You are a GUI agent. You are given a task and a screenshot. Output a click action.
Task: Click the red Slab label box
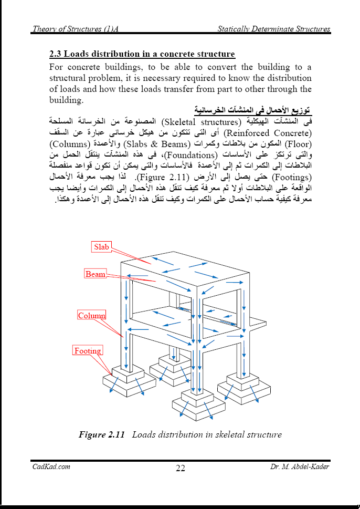click(x=102, y=247)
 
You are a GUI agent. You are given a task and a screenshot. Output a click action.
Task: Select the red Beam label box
click(x=96, y=274)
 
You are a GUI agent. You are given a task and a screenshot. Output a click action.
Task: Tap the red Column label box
click(x=92, y=315)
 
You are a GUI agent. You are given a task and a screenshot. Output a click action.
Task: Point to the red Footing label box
click(x=88, y=351)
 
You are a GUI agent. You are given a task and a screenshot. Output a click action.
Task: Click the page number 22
click(x=180, y=469)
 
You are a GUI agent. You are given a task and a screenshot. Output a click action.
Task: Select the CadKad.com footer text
click(x=51, y=466)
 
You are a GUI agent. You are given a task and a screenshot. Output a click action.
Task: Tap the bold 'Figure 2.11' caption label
click(x=101, y=434)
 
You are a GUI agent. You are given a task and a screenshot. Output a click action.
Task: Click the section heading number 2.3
click(x=56, y=55)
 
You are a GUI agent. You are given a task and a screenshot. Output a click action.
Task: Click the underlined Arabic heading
click(x=252, y=110)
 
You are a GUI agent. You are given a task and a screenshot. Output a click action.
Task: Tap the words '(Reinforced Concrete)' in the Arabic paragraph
click(x=268, y=131)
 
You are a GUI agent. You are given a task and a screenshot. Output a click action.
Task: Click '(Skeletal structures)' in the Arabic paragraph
click(x=206, y=121)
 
